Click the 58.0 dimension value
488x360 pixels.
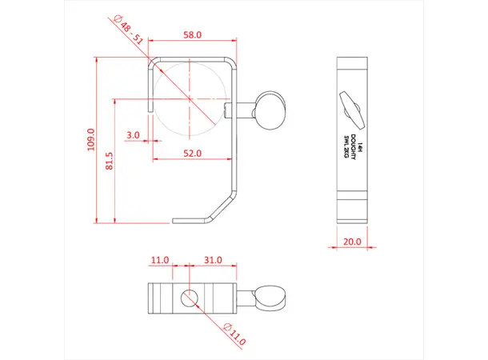(x=193, y=36)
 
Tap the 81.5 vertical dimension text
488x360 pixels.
(x=109, y=160)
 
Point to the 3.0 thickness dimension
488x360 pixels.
(x=133, y=135)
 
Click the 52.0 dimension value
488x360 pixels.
(x=193, y=152)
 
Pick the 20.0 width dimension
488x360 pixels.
(x=352, y=241)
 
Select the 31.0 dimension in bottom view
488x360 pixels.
(x=213, y=260)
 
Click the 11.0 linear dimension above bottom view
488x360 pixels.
(x=159, y=260)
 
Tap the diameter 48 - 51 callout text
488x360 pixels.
(x=129, y=28)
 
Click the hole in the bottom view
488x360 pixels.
(x=189, y=298)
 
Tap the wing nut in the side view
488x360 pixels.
(x=352, y=109)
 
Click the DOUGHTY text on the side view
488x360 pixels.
(x=353, y=149)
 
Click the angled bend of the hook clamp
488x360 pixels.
(x=219, y=207)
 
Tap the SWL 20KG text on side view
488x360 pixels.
(x=346, y=149)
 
